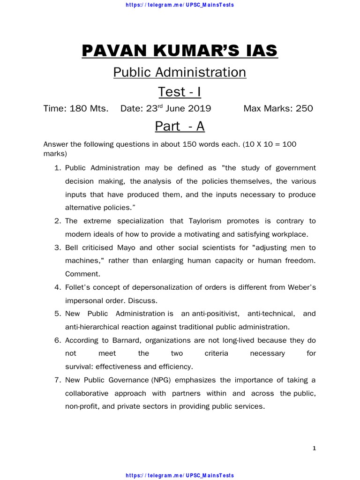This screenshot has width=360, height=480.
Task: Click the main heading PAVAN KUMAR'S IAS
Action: coord(180,50)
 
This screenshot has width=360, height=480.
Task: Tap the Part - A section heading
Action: coord(180,127)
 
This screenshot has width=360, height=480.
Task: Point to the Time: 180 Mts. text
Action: coord(76,109)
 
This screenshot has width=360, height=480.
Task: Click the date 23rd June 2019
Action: coord(165,109)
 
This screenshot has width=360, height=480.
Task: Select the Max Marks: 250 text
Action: coord(278,109)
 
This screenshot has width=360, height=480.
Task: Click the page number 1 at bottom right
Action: coord(315,449)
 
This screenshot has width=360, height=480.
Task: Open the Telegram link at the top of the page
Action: coord(180,5)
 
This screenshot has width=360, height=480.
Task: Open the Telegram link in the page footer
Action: coord(180,476)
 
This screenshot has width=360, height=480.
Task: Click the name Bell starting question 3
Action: coord(72,247)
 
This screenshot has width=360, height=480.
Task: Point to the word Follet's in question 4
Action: coord(78,287)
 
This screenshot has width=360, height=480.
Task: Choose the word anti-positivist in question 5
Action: coord(217,314)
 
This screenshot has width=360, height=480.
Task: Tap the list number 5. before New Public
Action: coord(58,314)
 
